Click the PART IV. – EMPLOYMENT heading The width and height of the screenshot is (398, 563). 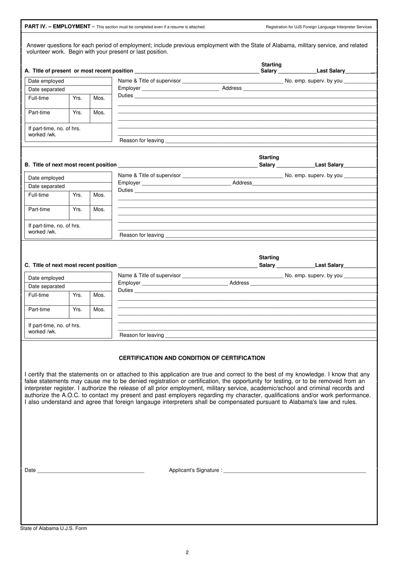pos(57,26)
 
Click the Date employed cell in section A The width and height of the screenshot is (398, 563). pos(46,81)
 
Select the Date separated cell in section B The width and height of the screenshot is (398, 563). pos(47,186)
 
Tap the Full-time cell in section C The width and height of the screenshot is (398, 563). pos(39,295)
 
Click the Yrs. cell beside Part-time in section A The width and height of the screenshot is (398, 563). pos(78,112)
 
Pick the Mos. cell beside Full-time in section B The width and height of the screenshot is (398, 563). pos(99,195)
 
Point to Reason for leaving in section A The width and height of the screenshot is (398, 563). pos(142,140)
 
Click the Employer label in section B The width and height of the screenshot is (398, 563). pos(129,183)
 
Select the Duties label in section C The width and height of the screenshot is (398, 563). pos(125,290)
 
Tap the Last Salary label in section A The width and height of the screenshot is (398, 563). pos(331,71)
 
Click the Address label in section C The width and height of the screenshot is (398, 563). pos(239,283)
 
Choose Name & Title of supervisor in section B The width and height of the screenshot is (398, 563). pos(149,175)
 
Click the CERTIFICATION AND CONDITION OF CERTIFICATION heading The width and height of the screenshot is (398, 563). pos(191,358)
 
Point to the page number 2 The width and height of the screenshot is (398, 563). pos(187,552)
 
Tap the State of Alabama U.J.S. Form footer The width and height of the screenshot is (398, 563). pos(54,528)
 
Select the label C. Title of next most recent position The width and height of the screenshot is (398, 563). pos(70,265)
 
